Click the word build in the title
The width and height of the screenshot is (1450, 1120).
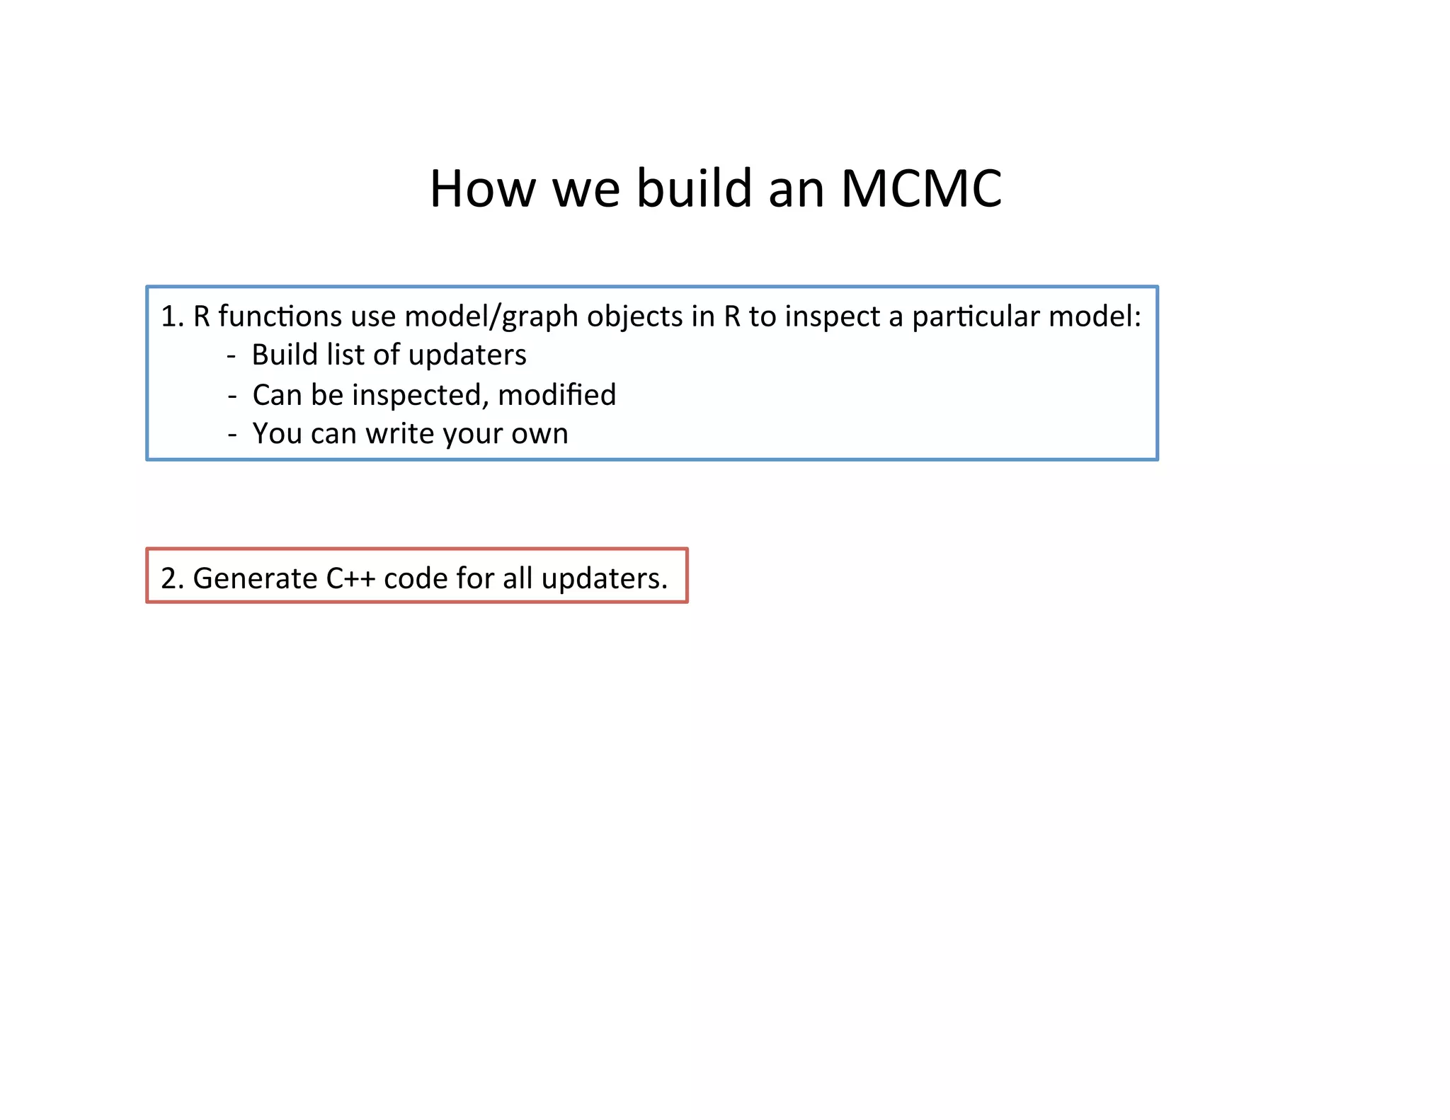pyautogui.click(x=694, y=189)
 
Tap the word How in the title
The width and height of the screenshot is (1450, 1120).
pyautogui.click(x=482, y=189)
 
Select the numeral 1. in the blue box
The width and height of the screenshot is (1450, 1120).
pyautogui.click(x=172, y=316)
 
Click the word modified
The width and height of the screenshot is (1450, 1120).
pyautogui.click(x=556, y=395)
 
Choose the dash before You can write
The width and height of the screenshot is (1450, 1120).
pyautogui.click(x=232, y=434)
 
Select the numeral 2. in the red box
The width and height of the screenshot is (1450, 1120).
pyautogui.click(x=172, y=578)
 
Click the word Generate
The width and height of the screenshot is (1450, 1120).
pyautogui.click(x=255, y=578)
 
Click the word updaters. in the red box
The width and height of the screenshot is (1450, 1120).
pyautogui.click(x=604, y=578)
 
